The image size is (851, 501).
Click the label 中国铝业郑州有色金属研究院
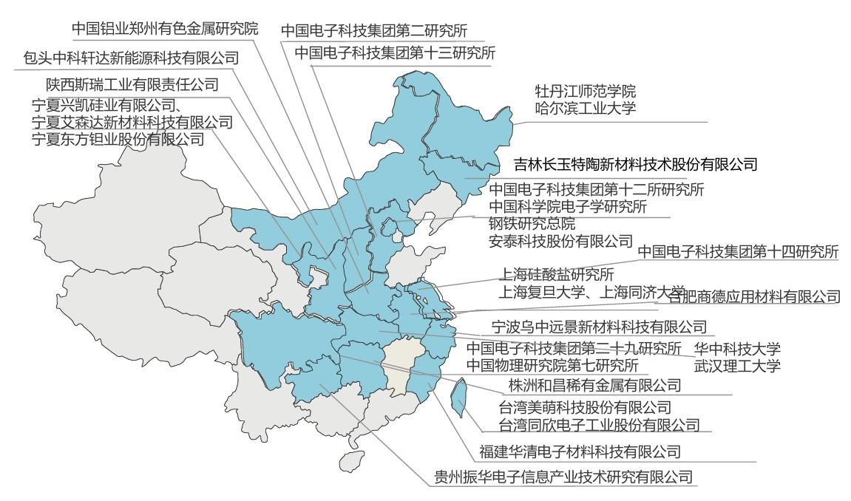pos(165,30)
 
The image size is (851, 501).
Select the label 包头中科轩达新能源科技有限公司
pos(132,58)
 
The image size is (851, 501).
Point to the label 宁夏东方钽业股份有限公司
pos(118,139)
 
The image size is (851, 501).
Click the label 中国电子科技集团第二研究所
pos(382,31)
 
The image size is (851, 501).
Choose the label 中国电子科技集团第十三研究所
pos(395,53)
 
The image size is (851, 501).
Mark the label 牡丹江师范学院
pos(585,92)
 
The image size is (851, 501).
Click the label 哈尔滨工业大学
pos(585,109)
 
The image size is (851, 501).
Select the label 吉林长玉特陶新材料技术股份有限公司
pos(637,164)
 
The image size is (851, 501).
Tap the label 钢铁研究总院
pos(532,223)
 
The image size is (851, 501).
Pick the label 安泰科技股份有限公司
pos(561,240)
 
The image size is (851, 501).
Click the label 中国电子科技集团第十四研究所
pos(738,252)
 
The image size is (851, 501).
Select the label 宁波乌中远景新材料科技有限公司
pos(600,326)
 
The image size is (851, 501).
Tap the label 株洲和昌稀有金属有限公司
pos(594,385)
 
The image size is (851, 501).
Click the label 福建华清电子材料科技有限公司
pos(580,451)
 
